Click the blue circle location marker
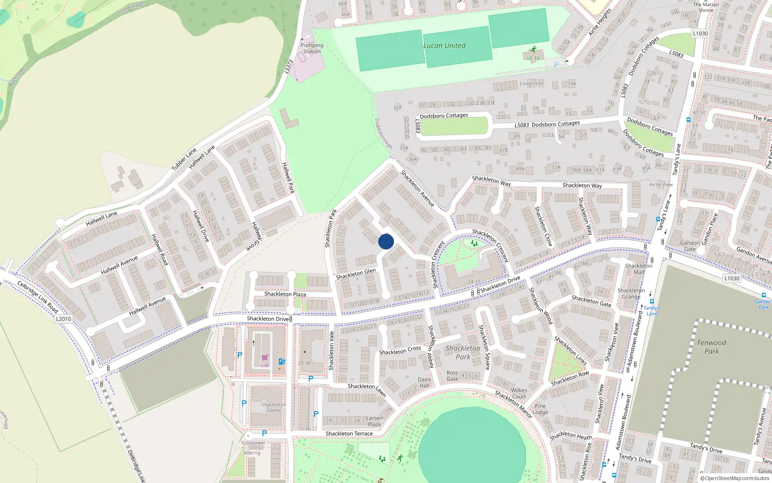386,241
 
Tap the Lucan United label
444,46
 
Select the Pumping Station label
312,48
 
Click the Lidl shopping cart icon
264,358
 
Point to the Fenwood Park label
711,347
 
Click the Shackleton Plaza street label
285,294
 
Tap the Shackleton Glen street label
356,274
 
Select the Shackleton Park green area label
463,352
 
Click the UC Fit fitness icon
533,49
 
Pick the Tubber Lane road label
184,159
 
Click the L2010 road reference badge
63,319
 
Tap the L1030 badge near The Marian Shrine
700,34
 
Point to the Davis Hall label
424,383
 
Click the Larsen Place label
374,421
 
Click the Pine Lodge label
540,409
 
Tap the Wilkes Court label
519,393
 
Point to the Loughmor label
531,84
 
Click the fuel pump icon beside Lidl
282,361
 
